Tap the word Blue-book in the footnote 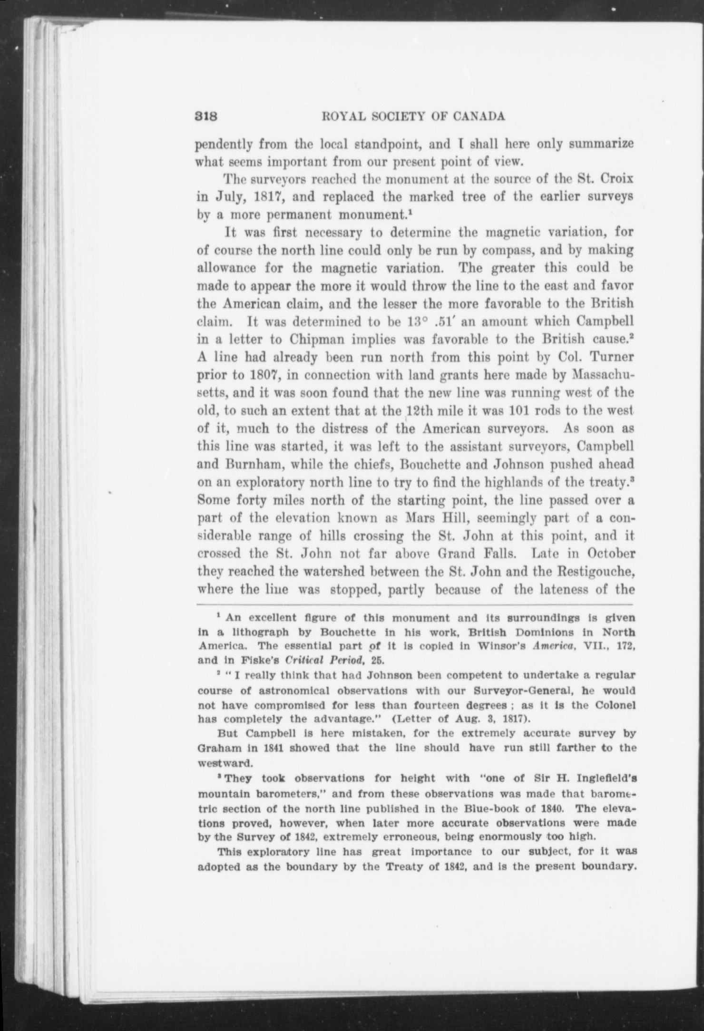pos(489,807)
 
